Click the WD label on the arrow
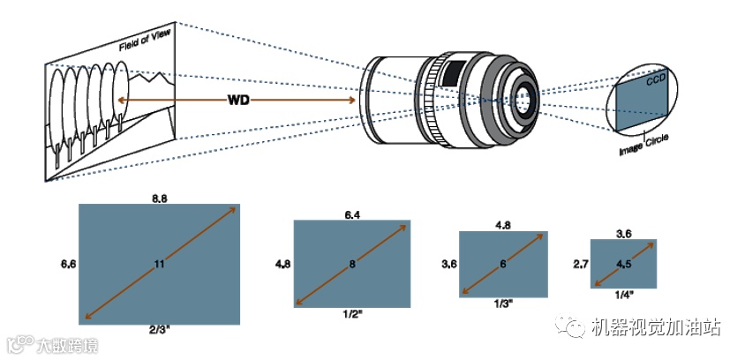tap(238, 101)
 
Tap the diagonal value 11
tap(159, 264)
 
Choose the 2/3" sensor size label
tap(159, 328)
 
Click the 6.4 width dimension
tap(353, 214)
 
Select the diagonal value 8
tap(352, 263)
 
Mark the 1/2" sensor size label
tap(352, 313)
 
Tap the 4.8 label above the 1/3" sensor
tap(503, 225)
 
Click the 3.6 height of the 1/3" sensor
tap(448, 264)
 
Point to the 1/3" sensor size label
tap(503, 303)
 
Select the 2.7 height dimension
tap(580, 263)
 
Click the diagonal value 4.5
tap(623, 263)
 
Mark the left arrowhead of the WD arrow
tap(124, 101)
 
